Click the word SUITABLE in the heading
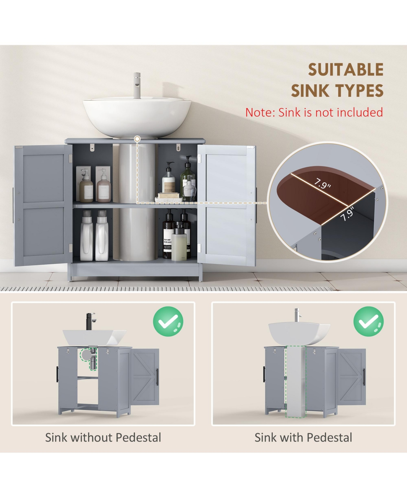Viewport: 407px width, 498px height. pyautogui.click(x=345, y=70)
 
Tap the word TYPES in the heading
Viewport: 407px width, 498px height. pyautogui.click(x=360, y=91)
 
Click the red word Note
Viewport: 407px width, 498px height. pyautogui.click(x=259, y=112)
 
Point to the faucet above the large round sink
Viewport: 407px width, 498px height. pyautogui.click(x=137, y=85)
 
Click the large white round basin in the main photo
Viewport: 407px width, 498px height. pyautogui.click(x=137, y=115)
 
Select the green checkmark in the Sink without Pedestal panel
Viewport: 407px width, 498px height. pyautogui.click(x=168, y=322)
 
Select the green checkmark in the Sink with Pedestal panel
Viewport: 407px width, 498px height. pyautogui.click(x=368, y=322)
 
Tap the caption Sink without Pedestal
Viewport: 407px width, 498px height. pyautogui.click(x=103, y=438)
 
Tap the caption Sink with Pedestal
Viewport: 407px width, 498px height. pyautogui.click(x=303, y=438)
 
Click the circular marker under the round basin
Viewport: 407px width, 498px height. pyautogui.click(x=137, y=139)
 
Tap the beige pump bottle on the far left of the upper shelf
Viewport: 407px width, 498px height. pyautogui.click(x=86, y=186)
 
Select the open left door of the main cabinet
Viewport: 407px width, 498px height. pyautogui.click(x=42, y=206)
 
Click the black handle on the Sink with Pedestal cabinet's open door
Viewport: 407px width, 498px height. pyautogui.click(x=364, y=377)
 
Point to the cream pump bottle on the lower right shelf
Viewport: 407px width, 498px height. pyautogui.click(x=179, y=242)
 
